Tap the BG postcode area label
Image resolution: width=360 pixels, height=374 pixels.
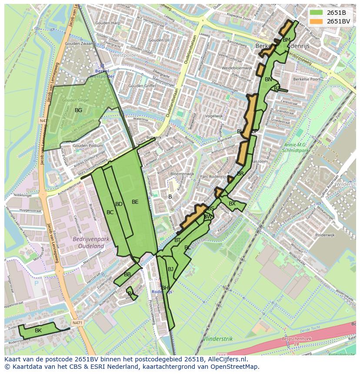[78, 110]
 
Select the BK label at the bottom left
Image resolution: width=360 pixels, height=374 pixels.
[38, 331]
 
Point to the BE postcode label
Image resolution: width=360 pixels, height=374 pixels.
[135, 202]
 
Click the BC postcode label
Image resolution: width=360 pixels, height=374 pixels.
[110, 212]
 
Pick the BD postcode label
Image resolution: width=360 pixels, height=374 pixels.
[119, 204]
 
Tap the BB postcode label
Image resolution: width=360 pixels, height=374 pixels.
[127, 275]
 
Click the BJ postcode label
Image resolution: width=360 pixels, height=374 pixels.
[170, 269]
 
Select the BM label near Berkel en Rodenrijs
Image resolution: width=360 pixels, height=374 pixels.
[287, 40]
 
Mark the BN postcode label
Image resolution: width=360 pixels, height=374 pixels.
[268, 79]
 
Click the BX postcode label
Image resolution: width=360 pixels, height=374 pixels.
[232, 204]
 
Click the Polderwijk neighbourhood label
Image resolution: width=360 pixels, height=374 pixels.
[325, 235]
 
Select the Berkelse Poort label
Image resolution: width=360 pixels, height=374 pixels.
[307, 79]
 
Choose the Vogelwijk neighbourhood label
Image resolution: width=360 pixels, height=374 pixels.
[213, 116]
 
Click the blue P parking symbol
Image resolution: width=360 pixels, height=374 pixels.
[36, 282]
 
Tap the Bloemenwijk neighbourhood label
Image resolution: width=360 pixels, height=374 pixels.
[182, 174]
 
